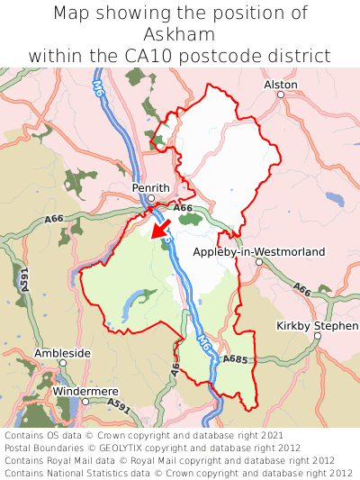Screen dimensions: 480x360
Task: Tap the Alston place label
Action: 280,84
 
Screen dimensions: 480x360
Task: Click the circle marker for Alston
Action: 280,95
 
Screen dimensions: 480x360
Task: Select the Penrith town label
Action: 150,187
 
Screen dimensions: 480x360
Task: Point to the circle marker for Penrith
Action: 152,198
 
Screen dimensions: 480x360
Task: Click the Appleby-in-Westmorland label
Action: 259,252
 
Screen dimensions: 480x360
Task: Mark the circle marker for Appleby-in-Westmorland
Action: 258,262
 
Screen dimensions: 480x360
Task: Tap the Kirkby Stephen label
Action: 317,325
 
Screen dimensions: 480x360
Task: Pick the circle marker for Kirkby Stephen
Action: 318,336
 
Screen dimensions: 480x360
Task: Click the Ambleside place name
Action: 62,353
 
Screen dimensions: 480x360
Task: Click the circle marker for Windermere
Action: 85,401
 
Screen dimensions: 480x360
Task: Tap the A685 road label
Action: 236,359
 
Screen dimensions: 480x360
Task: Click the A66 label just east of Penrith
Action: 184,208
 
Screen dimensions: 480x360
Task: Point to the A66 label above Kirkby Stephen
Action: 301,290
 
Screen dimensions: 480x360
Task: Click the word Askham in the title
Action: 180,34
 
